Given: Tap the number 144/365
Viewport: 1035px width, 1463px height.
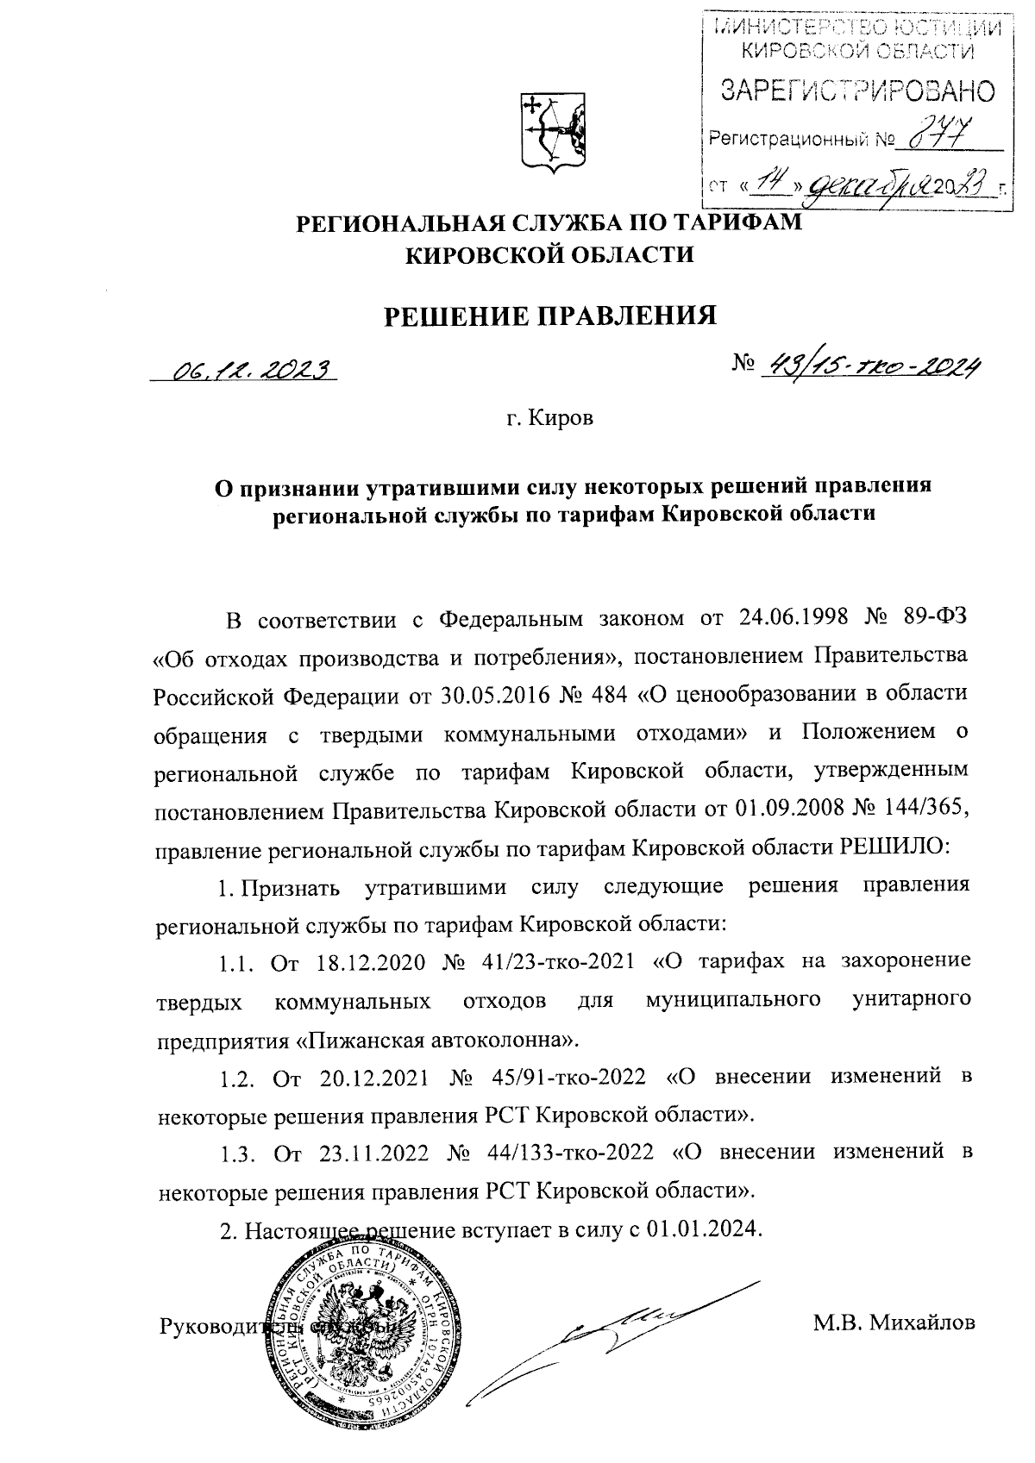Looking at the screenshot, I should point(931,809).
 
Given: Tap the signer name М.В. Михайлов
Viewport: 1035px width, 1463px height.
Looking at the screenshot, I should point(894,1322).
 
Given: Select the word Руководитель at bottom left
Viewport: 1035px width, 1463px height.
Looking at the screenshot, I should point(226,1325).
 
